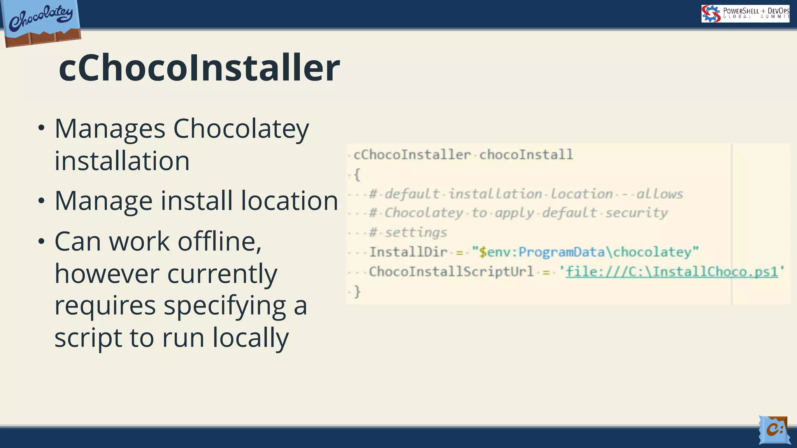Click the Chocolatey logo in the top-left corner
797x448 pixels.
[x=41, y=23]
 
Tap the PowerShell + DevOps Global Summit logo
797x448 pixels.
[x=745, y=14]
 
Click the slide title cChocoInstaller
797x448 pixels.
[x=199, y=68]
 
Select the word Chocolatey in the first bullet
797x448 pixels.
[x=241, y=129]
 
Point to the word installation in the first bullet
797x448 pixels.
[x=122, y=161]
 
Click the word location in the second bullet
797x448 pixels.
[x=289, y=201]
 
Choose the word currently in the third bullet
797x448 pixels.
[x=222, y=274]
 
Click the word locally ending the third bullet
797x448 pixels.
[x=250, y=338]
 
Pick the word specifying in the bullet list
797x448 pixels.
[x=225, y=306]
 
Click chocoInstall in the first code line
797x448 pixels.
[x=526, y=155]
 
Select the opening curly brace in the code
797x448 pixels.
[x=357, y=174]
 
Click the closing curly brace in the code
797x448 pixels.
[x=357, y=291]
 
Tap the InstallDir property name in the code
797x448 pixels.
[x=408, y=252]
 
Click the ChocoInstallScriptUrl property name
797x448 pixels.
[x=451, y=271]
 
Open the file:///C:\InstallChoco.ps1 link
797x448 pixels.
[x=671, y=271]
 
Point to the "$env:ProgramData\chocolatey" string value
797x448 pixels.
[x=585, y=252]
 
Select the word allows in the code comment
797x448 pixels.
[x=660, y=194]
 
